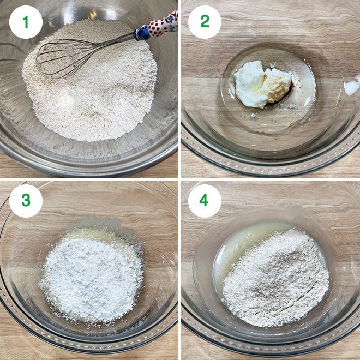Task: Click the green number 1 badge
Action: (x=26, y=22)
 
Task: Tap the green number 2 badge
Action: (x=205, y=22)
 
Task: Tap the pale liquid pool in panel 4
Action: (x=229, y=256)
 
